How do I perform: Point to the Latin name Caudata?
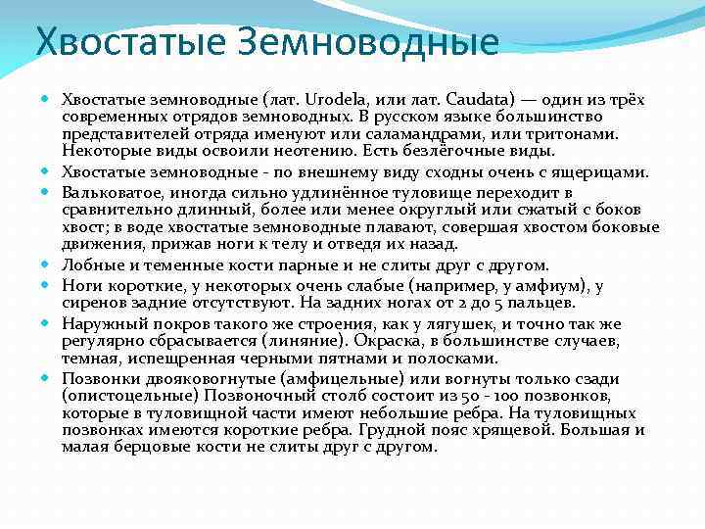point(477,99)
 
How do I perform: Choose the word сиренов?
point(91,302)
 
